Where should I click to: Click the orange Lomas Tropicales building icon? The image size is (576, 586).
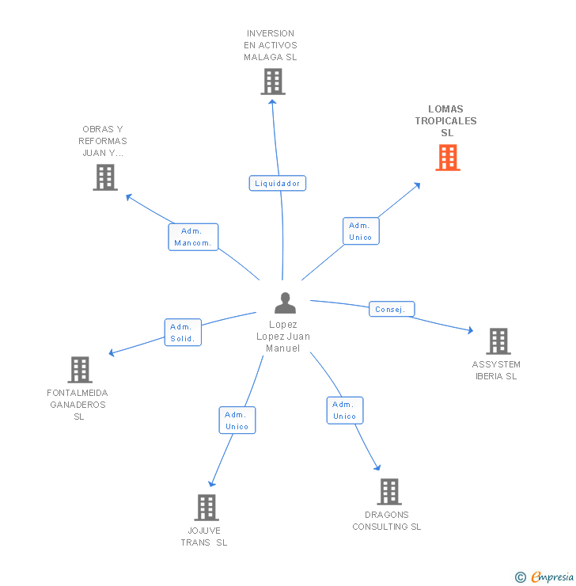coord(447,157)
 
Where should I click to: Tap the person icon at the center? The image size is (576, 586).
coord(285,303)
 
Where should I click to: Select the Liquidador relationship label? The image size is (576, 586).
coord(277,183)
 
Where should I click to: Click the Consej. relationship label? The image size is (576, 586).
coord(391,309)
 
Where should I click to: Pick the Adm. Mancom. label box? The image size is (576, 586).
coord(193,237)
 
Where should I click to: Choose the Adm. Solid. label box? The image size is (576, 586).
coord(183,333)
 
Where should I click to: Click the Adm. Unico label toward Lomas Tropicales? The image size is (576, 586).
coord(361,231)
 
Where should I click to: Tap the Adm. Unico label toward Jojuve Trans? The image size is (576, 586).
coord(237,420)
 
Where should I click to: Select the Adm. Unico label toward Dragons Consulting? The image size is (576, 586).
coord(344,410)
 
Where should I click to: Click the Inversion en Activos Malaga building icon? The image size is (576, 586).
coord(272,81)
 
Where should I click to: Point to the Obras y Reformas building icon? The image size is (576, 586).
coord(104,177)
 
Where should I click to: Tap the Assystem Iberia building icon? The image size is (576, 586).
coord(498,341)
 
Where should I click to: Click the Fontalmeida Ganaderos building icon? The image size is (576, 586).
coord(79,369)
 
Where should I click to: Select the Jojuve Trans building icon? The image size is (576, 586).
coord(206,507)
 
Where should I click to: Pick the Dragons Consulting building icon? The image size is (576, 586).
coord(388,492)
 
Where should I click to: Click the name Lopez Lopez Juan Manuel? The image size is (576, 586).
coord(283,337)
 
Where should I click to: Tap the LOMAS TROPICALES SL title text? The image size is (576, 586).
coord(446,121)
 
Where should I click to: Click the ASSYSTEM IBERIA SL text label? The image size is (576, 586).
coord(496,371)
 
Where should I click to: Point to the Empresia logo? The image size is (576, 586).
coord(551,576)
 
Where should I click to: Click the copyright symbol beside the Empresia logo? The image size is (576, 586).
coord(521,577)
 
